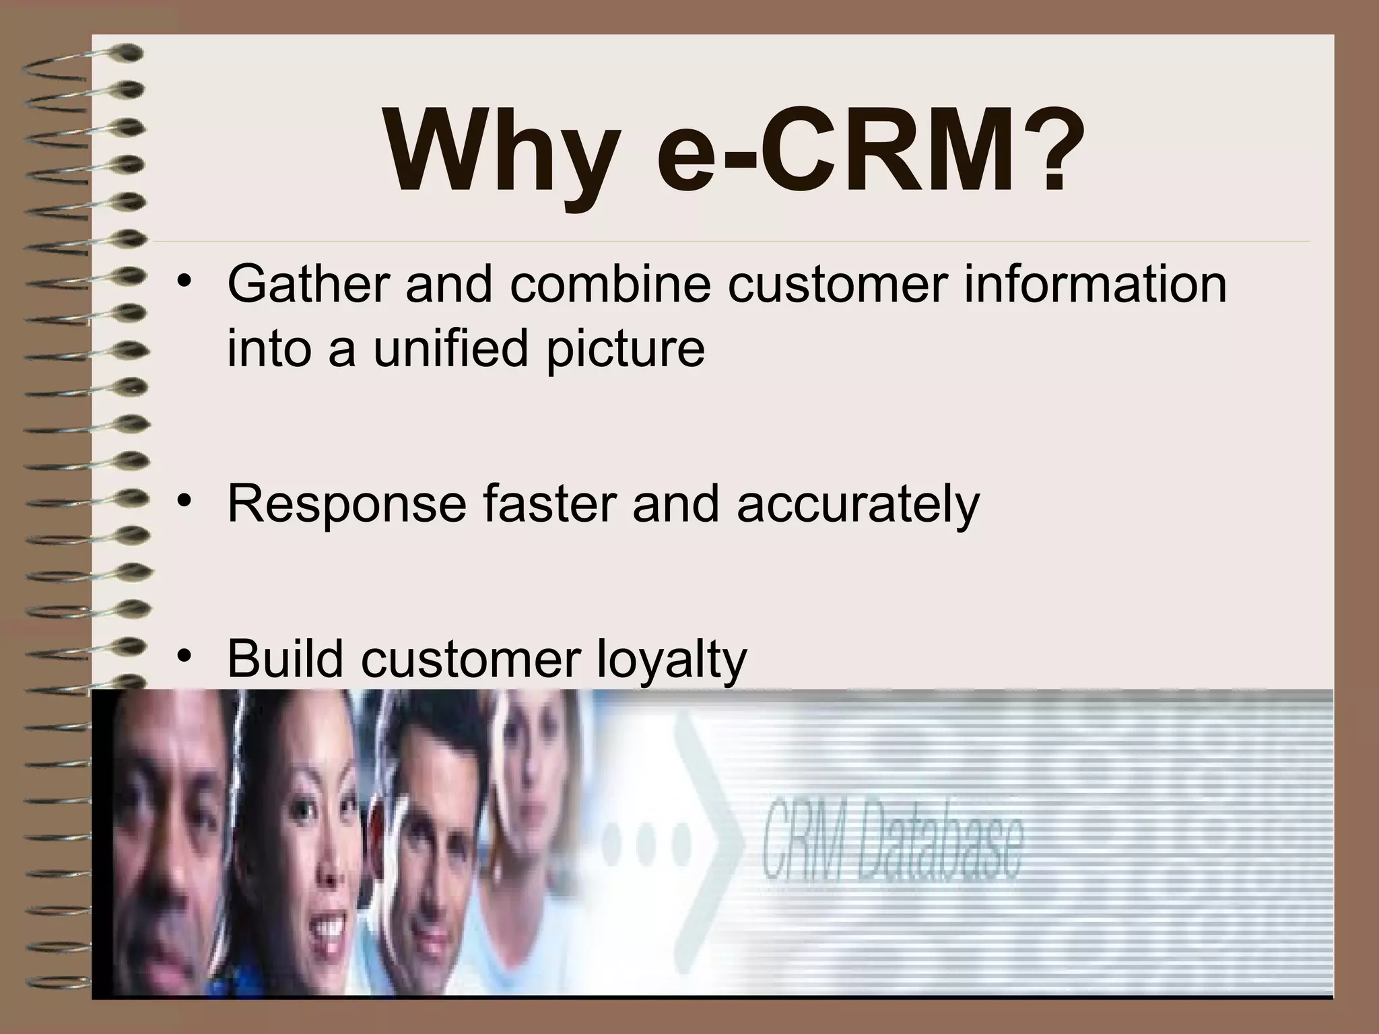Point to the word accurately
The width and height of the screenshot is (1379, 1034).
tap(858, 504)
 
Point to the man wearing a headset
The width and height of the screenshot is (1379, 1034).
tap(431, 835)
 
